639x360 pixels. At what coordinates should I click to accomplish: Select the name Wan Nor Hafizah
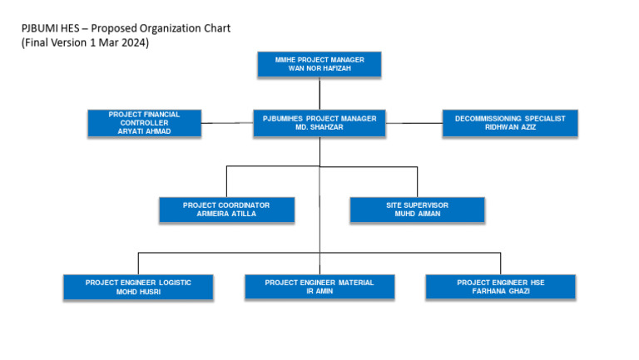tap(319, 68)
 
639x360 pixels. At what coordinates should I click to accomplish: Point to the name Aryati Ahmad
tap(144, 131)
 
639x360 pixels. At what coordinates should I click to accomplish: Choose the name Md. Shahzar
tap(319, 127)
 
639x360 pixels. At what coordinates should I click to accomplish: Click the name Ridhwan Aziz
tap(509, 127)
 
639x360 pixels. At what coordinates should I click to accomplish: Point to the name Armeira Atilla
tap(226, 214)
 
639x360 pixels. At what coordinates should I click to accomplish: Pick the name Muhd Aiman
tap(417, 214)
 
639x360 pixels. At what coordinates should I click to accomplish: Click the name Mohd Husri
tap(138, 292)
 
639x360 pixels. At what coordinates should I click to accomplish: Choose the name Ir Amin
tap(319, 292)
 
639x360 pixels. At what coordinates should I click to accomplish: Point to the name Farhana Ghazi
tap(500, 292)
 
